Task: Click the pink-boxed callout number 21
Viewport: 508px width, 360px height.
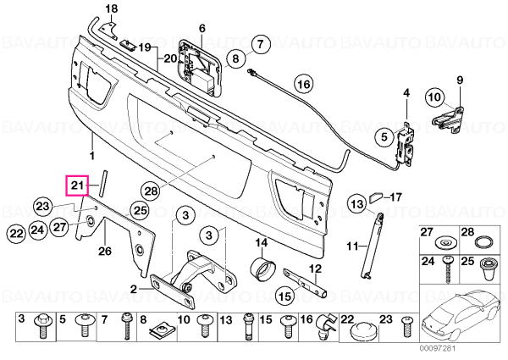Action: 77,186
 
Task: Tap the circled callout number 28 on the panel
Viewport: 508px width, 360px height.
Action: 151,190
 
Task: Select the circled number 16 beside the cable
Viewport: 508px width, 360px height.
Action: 304,84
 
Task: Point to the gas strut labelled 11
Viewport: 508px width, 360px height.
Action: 372,245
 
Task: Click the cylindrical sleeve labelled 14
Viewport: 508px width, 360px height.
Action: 262,268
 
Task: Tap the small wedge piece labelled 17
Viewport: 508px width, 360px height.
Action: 376,197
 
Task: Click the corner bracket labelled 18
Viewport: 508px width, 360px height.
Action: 108,30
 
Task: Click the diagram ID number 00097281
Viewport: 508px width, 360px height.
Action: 438,349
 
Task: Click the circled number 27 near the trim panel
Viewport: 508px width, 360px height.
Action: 59,227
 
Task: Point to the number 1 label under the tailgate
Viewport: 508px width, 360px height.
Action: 92,156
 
